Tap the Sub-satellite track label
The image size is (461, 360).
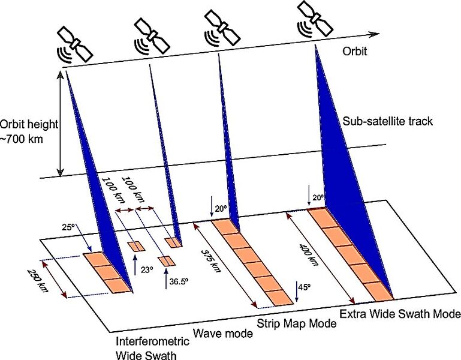(387, 121)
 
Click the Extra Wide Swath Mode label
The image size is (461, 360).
(400, 314)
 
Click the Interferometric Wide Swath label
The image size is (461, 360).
(152, 347)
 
